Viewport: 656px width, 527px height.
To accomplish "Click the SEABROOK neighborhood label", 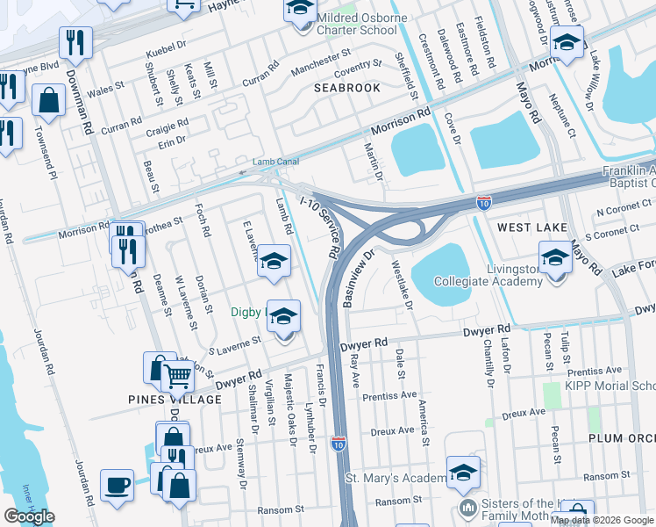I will tap(347, 88).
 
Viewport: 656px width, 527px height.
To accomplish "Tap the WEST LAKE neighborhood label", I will tap(532, 227).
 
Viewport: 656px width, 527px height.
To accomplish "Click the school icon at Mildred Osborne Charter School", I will tap(299, 10).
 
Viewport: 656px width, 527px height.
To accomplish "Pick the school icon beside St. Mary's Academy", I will tap(462, 473).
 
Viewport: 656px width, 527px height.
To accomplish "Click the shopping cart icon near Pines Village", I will tap(178, 377).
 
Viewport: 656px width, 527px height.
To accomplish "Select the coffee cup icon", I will tap(117, 485).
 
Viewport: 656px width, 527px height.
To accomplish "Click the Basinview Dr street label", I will tap(360, 278).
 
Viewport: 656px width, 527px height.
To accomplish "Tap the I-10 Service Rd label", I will tap(320, 227).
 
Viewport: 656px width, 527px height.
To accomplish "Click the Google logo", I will tap(30, 516).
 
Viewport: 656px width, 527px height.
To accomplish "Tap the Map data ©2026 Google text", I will tap(602, 520).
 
